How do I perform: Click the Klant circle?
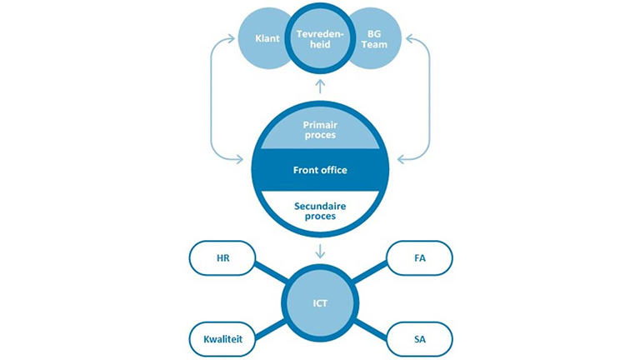tap(263, 39)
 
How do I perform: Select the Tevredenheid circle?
tap(320, 39)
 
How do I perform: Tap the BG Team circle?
tap(375, 39)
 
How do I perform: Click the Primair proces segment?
tap(320, 130)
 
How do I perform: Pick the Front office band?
tap(320, 170)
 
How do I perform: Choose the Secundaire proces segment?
tap(320, 211)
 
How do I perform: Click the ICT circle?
tap(320, 303)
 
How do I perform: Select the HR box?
tap(222, 258)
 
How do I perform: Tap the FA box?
tap(420, 258)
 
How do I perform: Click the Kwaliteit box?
tap(222, 339)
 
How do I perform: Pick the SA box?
tap(420, 339)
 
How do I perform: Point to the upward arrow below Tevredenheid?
tap(320, 86)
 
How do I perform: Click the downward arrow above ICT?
tap(320, 252)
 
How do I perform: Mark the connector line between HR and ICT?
tap(272, 272)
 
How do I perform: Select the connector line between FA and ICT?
tap(369, 272)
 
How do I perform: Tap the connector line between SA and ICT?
tap(371, 329)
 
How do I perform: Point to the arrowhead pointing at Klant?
tap(231, 39)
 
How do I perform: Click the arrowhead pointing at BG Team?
tap(410, 39)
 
